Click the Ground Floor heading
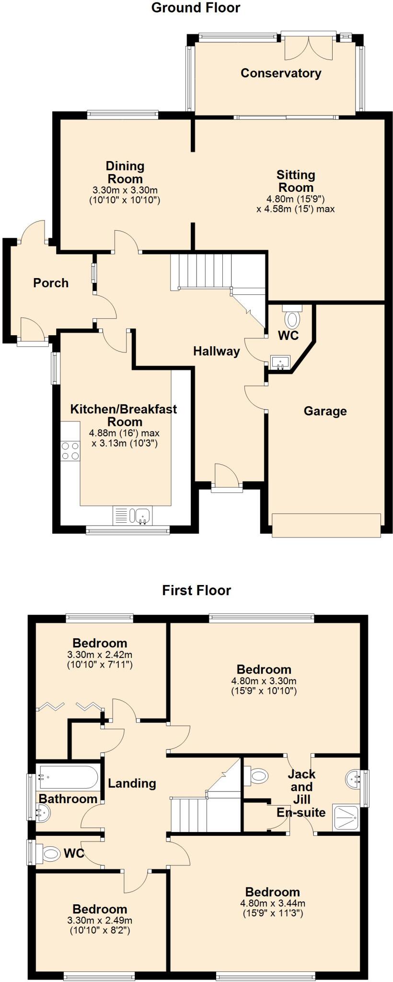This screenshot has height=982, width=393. [x=196, y=8]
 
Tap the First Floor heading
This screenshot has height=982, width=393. [x=196, y=590]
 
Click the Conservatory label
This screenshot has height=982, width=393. [x=281, y=73]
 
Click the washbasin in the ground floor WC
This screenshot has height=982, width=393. [x=280, y=362]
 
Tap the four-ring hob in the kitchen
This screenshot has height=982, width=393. [x=70, y=451]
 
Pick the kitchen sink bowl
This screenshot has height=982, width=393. [x=143, y=516]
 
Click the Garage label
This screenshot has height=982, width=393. [x=325, y=411]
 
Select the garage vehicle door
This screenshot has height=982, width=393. [x=326, y=525]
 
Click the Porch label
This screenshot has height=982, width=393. [x=51, y=283]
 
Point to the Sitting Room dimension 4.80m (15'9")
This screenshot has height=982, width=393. [x=296, y=199]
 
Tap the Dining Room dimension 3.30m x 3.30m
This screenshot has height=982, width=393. [x=125, y=190]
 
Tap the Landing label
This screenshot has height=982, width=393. [x=132, y=783]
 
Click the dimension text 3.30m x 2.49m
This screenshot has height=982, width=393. [x=100, y=920]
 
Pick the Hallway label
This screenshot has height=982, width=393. [x=216, y=351]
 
